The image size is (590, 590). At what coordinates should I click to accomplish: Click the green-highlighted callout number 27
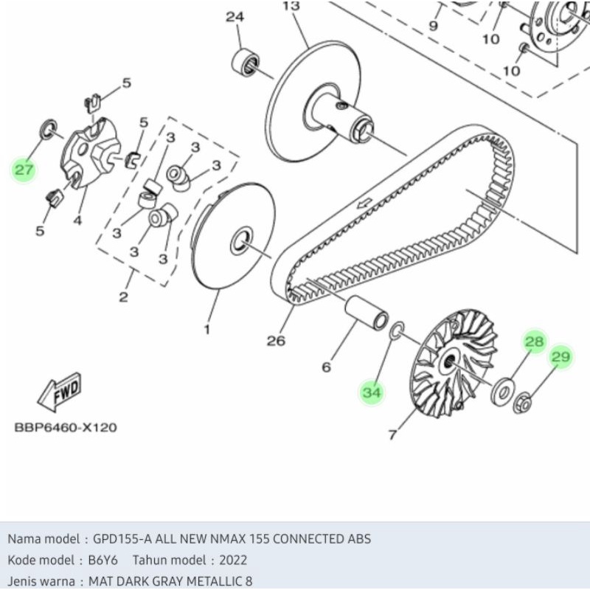[24, 170]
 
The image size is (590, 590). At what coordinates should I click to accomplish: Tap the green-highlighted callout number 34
[372, 392]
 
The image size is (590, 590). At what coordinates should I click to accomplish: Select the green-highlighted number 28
[534, 341]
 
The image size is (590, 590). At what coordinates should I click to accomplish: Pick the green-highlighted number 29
[560, 356]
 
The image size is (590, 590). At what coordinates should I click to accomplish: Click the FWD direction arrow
[60, 392]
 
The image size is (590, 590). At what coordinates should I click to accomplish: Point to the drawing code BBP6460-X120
[66, 428]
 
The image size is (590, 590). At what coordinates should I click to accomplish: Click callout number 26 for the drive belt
[276, 341]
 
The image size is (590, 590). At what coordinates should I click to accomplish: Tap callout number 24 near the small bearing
[235, 17]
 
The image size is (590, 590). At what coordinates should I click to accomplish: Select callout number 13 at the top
[291, 6]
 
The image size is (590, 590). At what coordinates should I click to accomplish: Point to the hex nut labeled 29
[522, 401]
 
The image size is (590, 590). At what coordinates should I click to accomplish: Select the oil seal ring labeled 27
[49, 129]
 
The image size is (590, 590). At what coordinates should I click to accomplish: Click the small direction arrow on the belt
[364, 204]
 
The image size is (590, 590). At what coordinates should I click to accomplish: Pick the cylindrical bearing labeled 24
[245, 61]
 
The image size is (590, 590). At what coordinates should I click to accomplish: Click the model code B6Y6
[103, 560]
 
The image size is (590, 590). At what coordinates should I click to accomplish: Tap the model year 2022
[233, 560]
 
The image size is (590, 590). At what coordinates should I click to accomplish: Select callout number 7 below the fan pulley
[392, 434]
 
